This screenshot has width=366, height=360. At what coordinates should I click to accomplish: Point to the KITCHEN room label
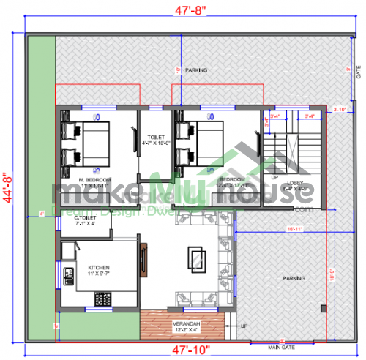tap(99, 268)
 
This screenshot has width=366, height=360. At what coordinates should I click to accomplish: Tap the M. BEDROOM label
tap(96, 179)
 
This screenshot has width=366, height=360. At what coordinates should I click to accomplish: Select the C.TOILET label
tap(86, 219)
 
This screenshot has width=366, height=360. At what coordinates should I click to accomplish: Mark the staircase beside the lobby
tap(276, 150)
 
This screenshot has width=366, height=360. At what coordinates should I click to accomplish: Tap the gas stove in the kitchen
tap(102, 299)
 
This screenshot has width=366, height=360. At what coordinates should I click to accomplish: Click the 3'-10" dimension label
tap(339, 109)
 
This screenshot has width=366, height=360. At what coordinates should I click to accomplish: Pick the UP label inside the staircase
tap(274, 177)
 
